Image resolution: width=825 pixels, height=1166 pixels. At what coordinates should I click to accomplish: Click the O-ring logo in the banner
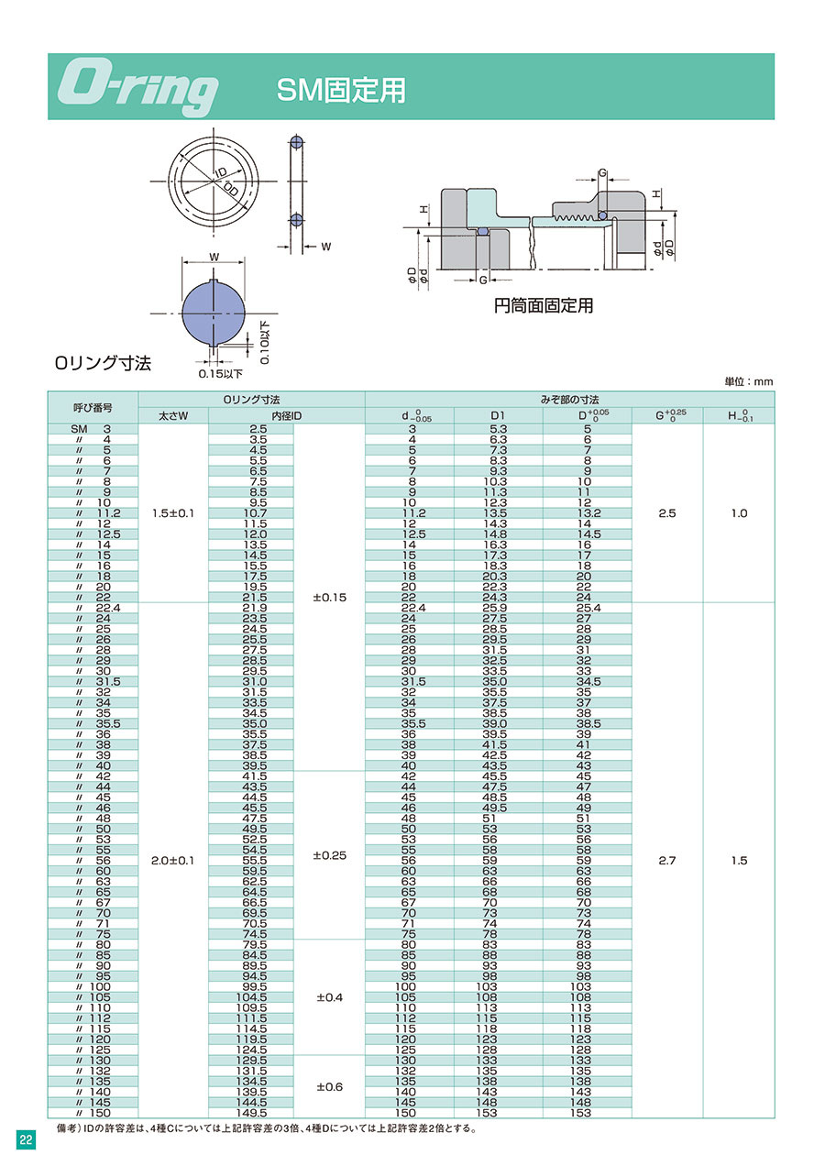tap(137, 90)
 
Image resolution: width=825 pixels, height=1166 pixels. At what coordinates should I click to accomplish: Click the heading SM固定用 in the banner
tap(341, 91)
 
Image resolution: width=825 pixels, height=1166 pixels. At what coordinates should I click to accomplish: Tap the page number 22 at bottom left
tap(26, 1140)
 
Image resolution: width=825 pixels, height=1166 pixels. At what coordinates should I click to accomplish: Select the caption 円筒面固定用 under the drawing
tap(544, 305)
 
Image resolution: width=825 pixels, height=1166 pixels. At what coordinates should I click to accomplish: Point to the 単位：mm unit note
tap(749, 381)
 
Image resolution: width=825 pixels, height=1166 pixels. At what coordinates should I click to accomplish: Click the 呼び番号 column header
tap(93, 408)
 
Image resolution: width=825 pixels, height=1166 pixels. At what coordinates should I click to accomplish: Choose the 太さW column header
tap(173, 416)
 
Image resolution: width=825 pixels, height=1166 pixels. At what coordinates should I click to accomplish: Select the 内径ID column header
tap(286, 416)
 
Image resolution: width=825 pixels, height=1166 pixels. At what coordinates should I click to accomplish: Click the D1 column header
tap(498, 415)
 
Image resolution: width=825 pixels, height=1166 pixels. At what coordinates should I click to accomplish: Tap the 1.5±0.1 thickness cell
tap(173, 513)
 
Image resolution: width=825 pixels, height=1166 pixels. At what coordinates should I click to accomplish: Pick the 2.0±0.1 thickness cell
tap(173, 861)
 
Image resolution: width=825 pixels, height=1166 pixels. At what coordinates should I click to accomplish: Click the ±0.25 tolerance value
tap(329, 855)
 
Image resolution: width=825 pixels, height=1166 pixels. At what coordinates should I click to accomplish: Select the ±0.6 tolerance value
tap(329, 1087)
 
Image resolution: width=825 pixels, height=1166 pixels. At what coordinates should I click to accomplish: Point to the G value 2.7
tap(666, 861)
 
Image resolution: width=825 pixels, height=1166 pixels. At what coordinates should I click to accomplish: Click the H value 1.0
tap(739, 513)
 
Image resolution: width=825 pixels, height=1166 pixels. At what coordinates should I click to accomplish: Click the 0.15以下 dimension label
tap(220, 374)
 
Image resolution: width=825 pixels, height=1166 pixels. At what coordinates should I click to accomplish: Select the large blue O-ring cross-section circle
tap(214, 313)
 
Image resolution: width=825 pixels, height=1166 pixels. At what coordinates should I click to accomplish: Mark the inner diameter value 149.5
tap(251, 1113)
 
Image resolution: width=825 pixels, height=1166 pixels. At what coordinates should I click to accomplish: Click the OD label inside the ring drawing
tap(231, 190)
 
